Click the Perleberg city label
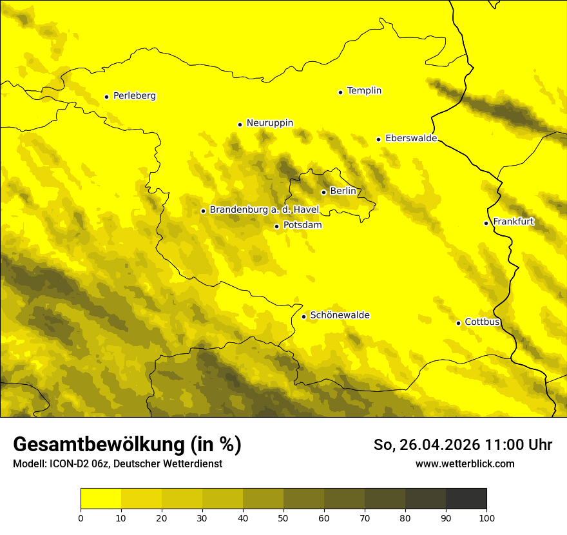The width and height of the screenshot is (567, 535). [x=134, y=96]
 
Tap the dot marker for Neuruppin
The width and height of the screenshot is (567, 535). [x=240, y=124]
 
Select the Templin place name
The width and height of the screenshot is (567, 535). [x=364, y=91]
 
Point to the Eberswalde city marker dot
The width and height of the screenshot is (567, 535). [x=378, y=139]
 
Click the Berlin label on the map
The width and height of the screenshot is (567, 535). [x=343, y=191]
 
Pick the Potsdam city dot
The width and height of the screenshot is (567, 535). [x=276, y=226]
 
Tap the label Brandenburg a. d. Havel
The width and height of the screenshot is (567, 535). [x=264, y=210]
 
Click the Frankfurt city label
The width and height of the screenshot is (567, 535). [x=514, y=222]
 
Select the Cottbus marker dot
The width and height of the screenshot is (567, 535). [x=458, y=323]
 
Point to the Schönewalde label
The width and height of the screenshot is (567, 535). [x=340, y=315]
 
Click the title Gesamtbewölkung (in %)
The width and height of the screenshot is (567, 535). [x=127, y=445]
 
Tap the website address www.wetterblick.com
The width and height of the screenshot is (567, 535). [x=465, y=463]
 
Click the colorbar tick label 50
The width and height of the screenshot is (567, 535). [x=283, y=518]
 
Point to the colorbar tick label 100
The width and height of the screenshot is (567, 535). [x=486, y=518]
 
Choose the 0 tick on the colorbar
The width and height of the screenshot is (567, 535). [x=81, y=518]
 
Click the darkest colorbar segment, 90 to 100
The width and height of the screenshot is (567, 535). [x=466, y=498]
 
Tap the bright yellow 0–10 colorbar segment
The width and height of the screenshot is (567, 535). [x=101, y=498]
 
